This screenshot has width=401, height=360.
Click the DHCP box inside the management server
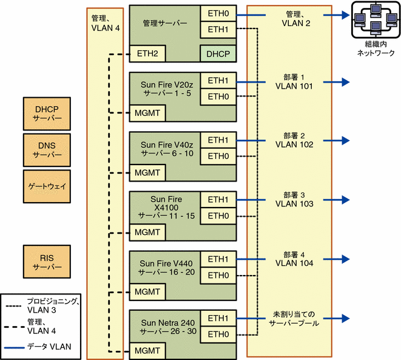tap(218, 54)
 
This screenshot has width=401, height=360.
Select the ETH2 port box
tap(147, 54)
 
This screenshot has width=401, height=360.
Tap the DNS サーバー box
tap(47, 150)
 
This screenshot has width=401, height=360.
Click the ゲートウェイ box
tap(47, 186)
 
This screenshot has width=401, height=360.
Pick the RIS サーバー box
tap(47, 262)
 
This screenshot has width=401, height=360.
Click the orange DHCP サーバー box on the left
tap(47, 114)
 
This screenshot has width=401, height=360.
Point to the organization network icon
tap(376, 19)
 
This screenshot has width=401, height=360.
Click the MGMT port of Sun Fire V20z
tap(147, 113)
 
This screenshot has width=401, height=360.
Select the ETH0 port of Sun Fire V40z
tap(218, 157)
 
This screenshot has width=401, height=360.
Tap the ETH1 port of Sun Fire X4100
tap(218, 200)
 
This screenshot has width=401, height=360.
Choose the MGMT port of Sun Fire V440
tap(147, 291)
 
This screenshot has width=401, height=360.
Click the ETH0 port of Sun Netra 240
tap(218, 335)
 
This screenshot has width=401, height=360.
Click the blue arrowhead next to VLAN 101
tap(346, 82)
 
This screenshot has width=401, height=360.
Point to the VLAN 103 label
tap(294, 204)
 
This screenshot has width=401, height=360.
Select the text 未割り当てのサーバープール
tap(294, 319)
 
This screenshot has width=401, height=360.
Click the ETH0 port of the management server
tap(218, 13)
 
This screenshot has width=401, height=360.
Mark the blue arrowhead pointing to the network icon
tap(346, 15)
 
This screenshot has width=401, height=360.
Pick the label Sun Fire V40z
tap(167, 145)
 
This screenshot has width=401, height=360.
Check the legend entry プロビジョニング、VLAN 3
tap(42, 306)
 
